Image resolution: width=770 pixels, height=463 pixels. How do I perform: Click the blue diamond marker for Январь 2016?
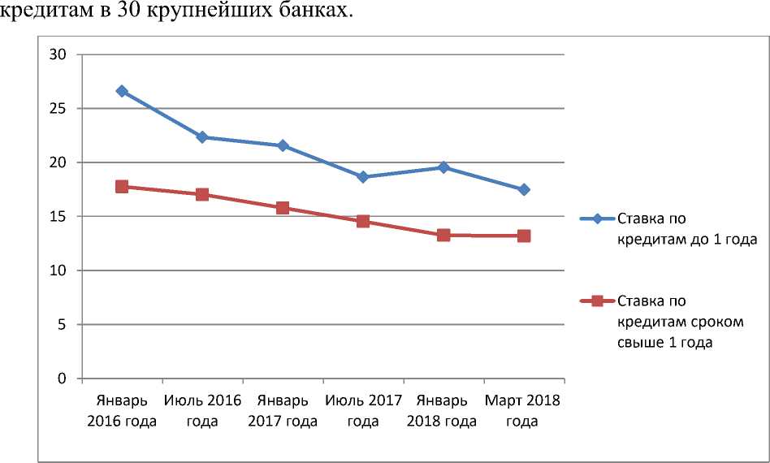[x=122, y=91]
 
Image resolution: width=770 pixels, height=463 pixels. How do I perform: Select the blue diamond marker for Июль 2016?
[x=202, y=137]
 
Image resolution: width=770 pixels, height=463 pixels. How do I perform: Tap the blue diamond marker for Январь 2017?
[x=283, y=145]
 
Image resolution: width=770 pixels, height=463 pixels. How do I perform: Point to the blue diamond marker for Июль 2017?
[x=363, y=177]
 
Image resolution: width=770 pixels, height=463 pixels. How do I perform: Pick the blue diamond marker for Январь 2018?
[x=443, y=167]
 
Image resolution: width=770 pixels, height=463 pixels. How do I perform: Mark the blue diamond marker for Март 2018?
[x=524, y=189]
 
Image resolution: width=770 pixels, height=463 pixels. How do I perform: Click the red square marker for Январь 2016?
[x=122, y=186]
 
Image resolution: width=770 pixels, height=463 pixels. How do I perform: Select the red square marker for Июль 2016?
[x=202, y=195]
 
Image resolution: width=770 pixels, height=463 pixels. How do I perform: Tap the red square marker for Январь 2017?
[x=283, y=208]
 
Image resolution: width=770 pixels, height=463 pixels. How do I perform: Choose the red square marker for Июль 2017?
[x=363, y=221]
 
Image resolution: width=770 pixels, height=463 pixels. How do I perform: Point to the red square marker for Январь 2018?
[x=443, y=235]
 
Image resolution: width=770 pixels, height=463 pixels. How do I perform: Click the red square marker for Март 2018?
[x=524, y=236]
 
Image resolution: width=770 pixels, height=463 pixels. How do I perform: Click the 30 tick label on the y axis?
[x=58, y=54]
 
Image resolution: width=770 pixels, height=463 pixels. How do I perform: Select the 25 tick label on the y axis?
[x=58, y=109]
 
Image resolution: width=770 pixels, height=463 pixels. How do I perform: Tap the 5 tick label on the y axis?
[x=62, y=325]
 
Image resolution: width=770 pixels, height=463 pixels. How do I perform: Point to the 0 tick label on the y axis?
[x=62, y=379]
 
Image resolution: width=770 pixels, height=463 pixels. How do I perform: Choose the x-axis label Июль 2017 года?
[x=363, y=411]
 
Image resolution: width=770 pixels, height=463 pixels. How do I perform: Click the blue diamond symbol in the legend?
[x=597, y=219]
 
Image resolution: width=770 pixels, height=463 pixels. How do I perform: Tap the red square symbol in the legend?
[x=597, y=301]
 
